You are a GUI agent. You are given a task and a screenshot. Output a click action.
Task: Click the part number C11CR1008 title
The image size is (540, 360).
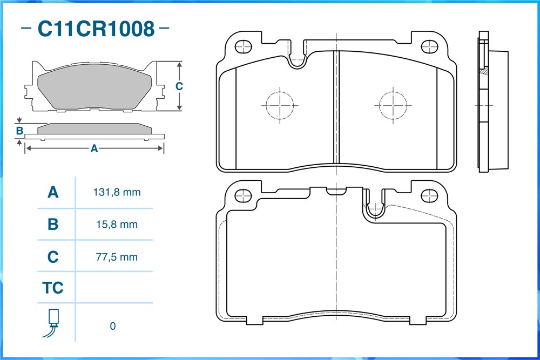click(x=96, y=29)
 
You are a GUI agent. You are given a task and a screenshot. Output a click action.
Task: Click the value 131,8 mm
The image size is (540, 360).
click(x=117, y=192)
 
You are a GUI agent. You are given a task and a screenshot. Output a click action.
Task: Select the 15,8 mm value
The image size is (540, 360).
click(x=117, y=225)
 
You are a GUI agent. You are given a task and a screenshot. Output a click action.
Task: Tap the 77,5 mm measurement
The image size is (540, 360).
click(x=117, y=257)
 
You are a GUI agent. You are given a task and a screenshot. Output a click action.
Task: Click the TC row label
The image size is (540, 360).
click(x=53, y=288)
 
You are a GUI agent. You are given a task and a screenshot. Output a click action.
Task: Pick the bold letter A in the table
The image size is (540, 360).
click(x=53, y=192)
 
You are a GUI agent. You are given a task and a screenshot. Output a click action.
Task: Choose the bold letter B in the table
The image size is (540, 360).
click(x=53, y=225)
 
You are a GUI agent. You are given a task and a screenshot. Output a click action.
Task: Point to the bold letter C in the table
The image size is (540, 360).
click(x=53, y=257)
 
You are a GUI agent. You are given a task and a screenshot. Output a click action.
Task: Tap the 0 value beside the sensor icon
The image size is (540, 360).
click(x=113, y=326)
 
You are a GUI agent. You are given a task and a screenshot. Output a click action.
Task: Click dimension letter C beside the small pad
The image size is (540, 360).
click(x=179, y=86)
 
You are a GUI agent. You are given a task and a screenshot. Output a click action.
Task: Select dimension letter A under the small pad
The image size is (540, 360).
click(x=94, y=148)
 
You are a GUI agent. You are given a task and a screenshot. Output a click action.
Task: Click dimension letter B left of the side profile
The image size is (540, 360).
click(x=19, y=131)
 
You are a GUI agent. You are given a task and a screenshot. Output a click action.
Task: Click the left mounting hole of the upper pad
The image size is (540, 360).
click(x=243, y=47)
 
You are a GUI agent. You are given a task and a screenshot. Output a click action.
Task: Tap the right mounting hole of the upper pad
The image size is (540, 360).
click(x=429, y=47)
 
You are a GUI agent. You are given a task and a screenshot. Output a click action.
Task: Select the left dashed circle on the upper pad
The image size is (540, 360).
click(x=280, y=105)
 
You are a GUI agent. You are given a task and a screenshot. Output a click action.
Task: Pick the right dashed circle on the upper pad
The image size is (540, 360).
click(x=393, y=105)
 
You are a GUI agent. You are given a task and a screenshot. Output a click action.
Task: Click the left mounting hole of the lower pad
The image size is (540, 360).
click(x=243, y=196)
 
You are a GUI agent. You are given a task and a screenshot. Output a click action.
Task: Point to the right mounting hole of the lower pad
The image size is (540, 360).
click(x=429, y=196)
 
